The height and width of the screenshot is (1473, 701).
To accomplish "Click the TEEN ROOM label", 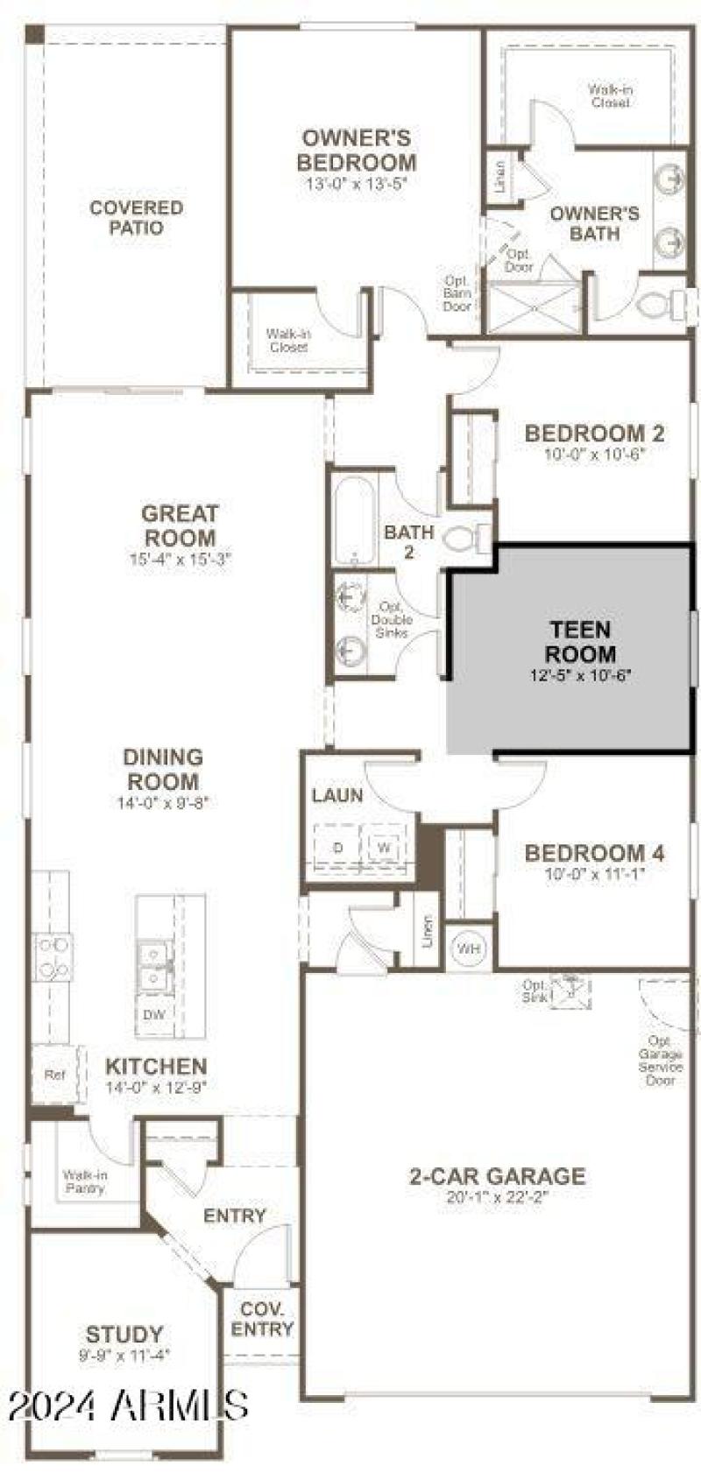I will (580, 641).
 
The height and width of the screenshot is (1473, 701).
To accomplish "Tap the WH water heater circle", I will (469, 948).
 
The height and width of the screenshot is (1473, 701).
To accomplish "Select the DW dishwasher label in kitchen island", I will (153, 1015).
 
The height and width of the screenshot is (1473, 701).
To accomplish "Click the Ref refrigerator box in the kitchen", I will (53, 1075).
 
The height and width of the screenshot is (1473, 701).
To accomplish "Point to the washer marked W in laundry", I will (383, 848).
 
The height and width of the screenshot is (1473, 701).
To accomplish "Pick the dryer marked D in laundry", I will (337, 848).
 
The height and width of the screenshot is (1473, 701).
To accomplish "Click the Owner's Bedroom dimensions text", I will (356, 183).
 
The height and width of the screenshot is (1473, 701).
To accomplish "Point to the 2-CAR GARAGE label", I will (497, 1176).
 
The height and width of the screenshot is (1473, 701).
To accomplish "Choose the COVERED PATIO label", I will (137, 217).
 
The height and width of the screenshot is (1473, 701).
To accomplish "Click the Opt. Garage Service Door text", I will (661, 1061).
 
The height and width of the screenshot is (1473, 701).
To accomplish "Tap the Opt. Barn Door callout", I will (457, 293).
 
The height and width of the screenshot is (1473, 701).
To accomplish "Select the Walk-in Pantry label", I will (85, 1181).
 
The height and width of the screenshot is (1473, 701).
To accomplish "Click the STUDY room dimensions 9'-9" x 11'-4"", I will (124, 1355).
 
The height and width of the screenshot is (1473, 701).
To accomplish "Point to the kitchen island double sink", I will (154, 962).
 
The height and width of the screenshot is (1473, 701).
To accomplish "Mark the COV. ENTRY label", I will (262, 1319).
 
